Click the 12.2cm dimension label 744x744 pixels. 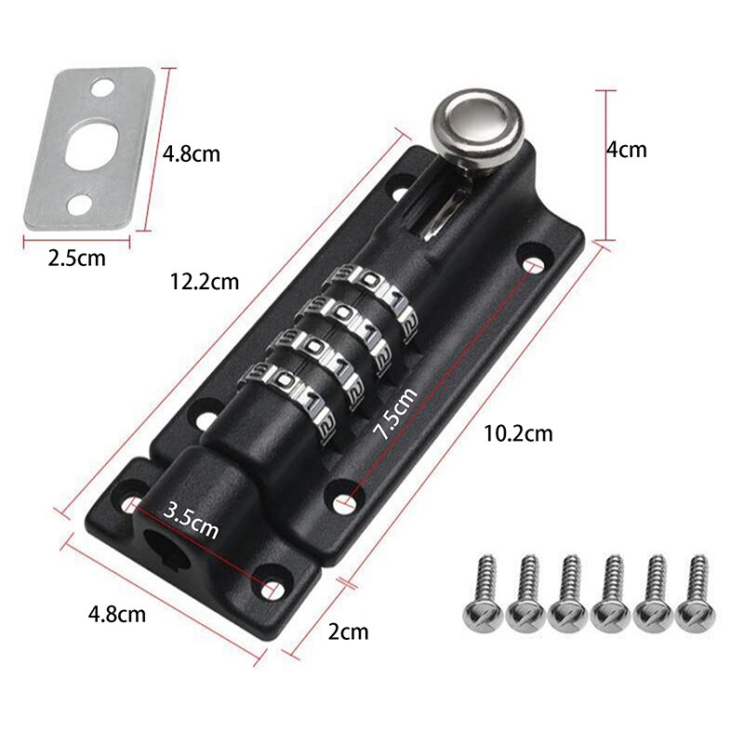coord(205,280)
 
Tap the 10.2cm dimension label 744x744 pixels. coord(518,432)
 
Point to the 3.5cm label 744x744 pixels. coord(191,520)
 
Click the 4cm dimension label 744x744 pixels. coord(626,150)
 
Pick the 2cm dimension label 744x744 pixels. coord(349,632)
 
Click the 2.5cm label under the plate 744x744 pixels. coord(76,258)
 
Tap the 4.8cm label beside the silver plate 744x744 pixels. coord(192,153)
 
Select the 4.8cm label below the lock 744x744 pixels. coord(116,614)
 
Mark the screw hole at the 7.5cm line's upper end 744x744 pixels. coord(534,266)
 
